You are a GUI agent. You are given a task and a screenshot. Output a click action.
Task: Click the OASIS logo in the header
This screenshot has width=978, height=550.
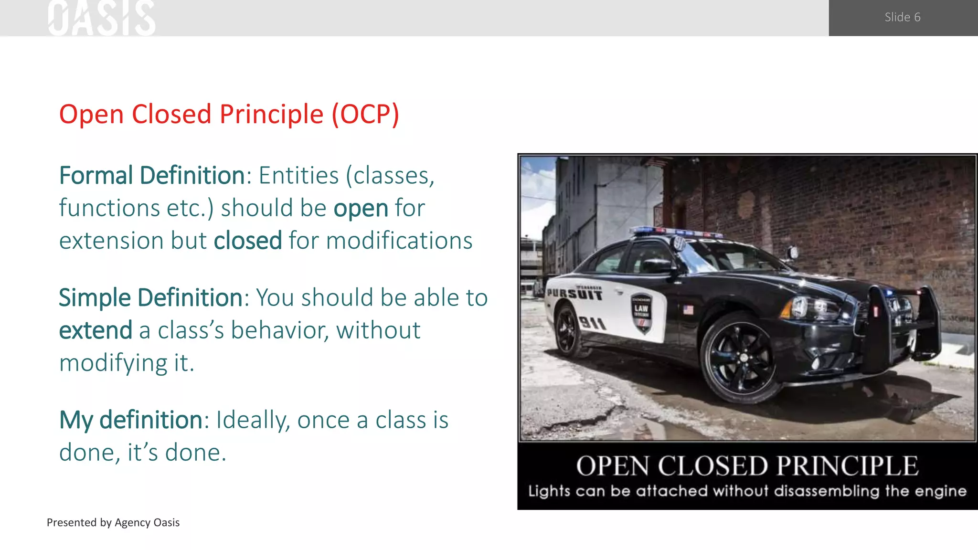[102, 18]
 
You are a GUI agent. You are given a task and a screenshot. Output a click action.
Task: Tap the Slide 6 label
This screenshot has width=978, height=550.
[902, 17]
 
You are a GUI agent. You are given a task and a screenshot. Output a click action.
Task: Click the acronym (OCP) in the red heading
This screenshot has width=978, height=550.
[365, 114]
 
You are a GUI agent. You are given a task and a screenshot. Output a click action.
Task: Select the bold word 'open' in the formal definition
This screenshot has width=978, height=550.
[361, 208]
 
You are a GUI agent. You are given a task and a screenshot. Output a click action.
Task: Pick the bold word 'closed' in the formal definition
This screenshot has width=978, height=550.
[247, 240]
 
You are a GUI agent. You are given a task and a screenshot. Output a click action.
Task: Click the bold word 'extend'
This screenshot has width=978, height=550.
[96, 330]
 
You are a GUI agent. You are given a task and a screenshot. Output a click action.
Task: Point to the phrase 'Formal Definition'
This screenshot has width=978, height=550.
[152, 175]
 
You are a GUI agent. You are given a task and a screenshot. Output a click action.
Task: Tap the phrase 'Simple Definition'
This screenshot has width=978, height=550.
[151, 297]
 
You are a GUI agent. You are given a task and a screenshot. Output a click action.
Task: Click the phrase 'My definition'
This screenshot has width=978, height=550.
[131, 420]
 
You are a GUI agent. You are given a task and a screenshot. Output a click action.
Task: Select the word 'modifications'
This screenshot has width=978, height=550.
[399, 240]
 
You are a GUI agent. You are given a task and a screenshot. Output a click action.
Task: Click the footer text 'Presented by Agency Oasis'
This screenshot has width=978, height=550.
[113, 522]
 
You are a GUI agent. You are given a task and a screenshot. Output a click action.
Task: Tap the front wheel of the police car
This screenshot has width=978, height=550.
[740, 357]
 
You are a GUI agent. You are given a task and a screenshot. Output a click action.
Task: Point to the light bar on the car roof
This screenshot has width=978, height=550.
[678, 233]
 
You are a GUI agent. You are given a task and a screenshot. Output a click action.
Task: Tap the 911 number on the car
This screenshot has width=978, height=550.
[592, 323]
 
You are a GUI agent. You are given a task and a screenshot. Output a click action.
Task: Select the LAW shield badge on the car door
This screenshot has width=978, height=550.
[641, 313]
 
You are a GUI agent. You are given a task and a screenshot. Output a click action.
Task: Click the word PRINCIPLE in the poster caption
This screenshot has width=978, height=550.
[847, 466]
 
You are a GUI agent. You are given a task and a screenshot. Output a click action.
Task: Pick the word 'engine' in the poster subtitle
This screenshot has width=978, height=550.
[940, 491]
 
